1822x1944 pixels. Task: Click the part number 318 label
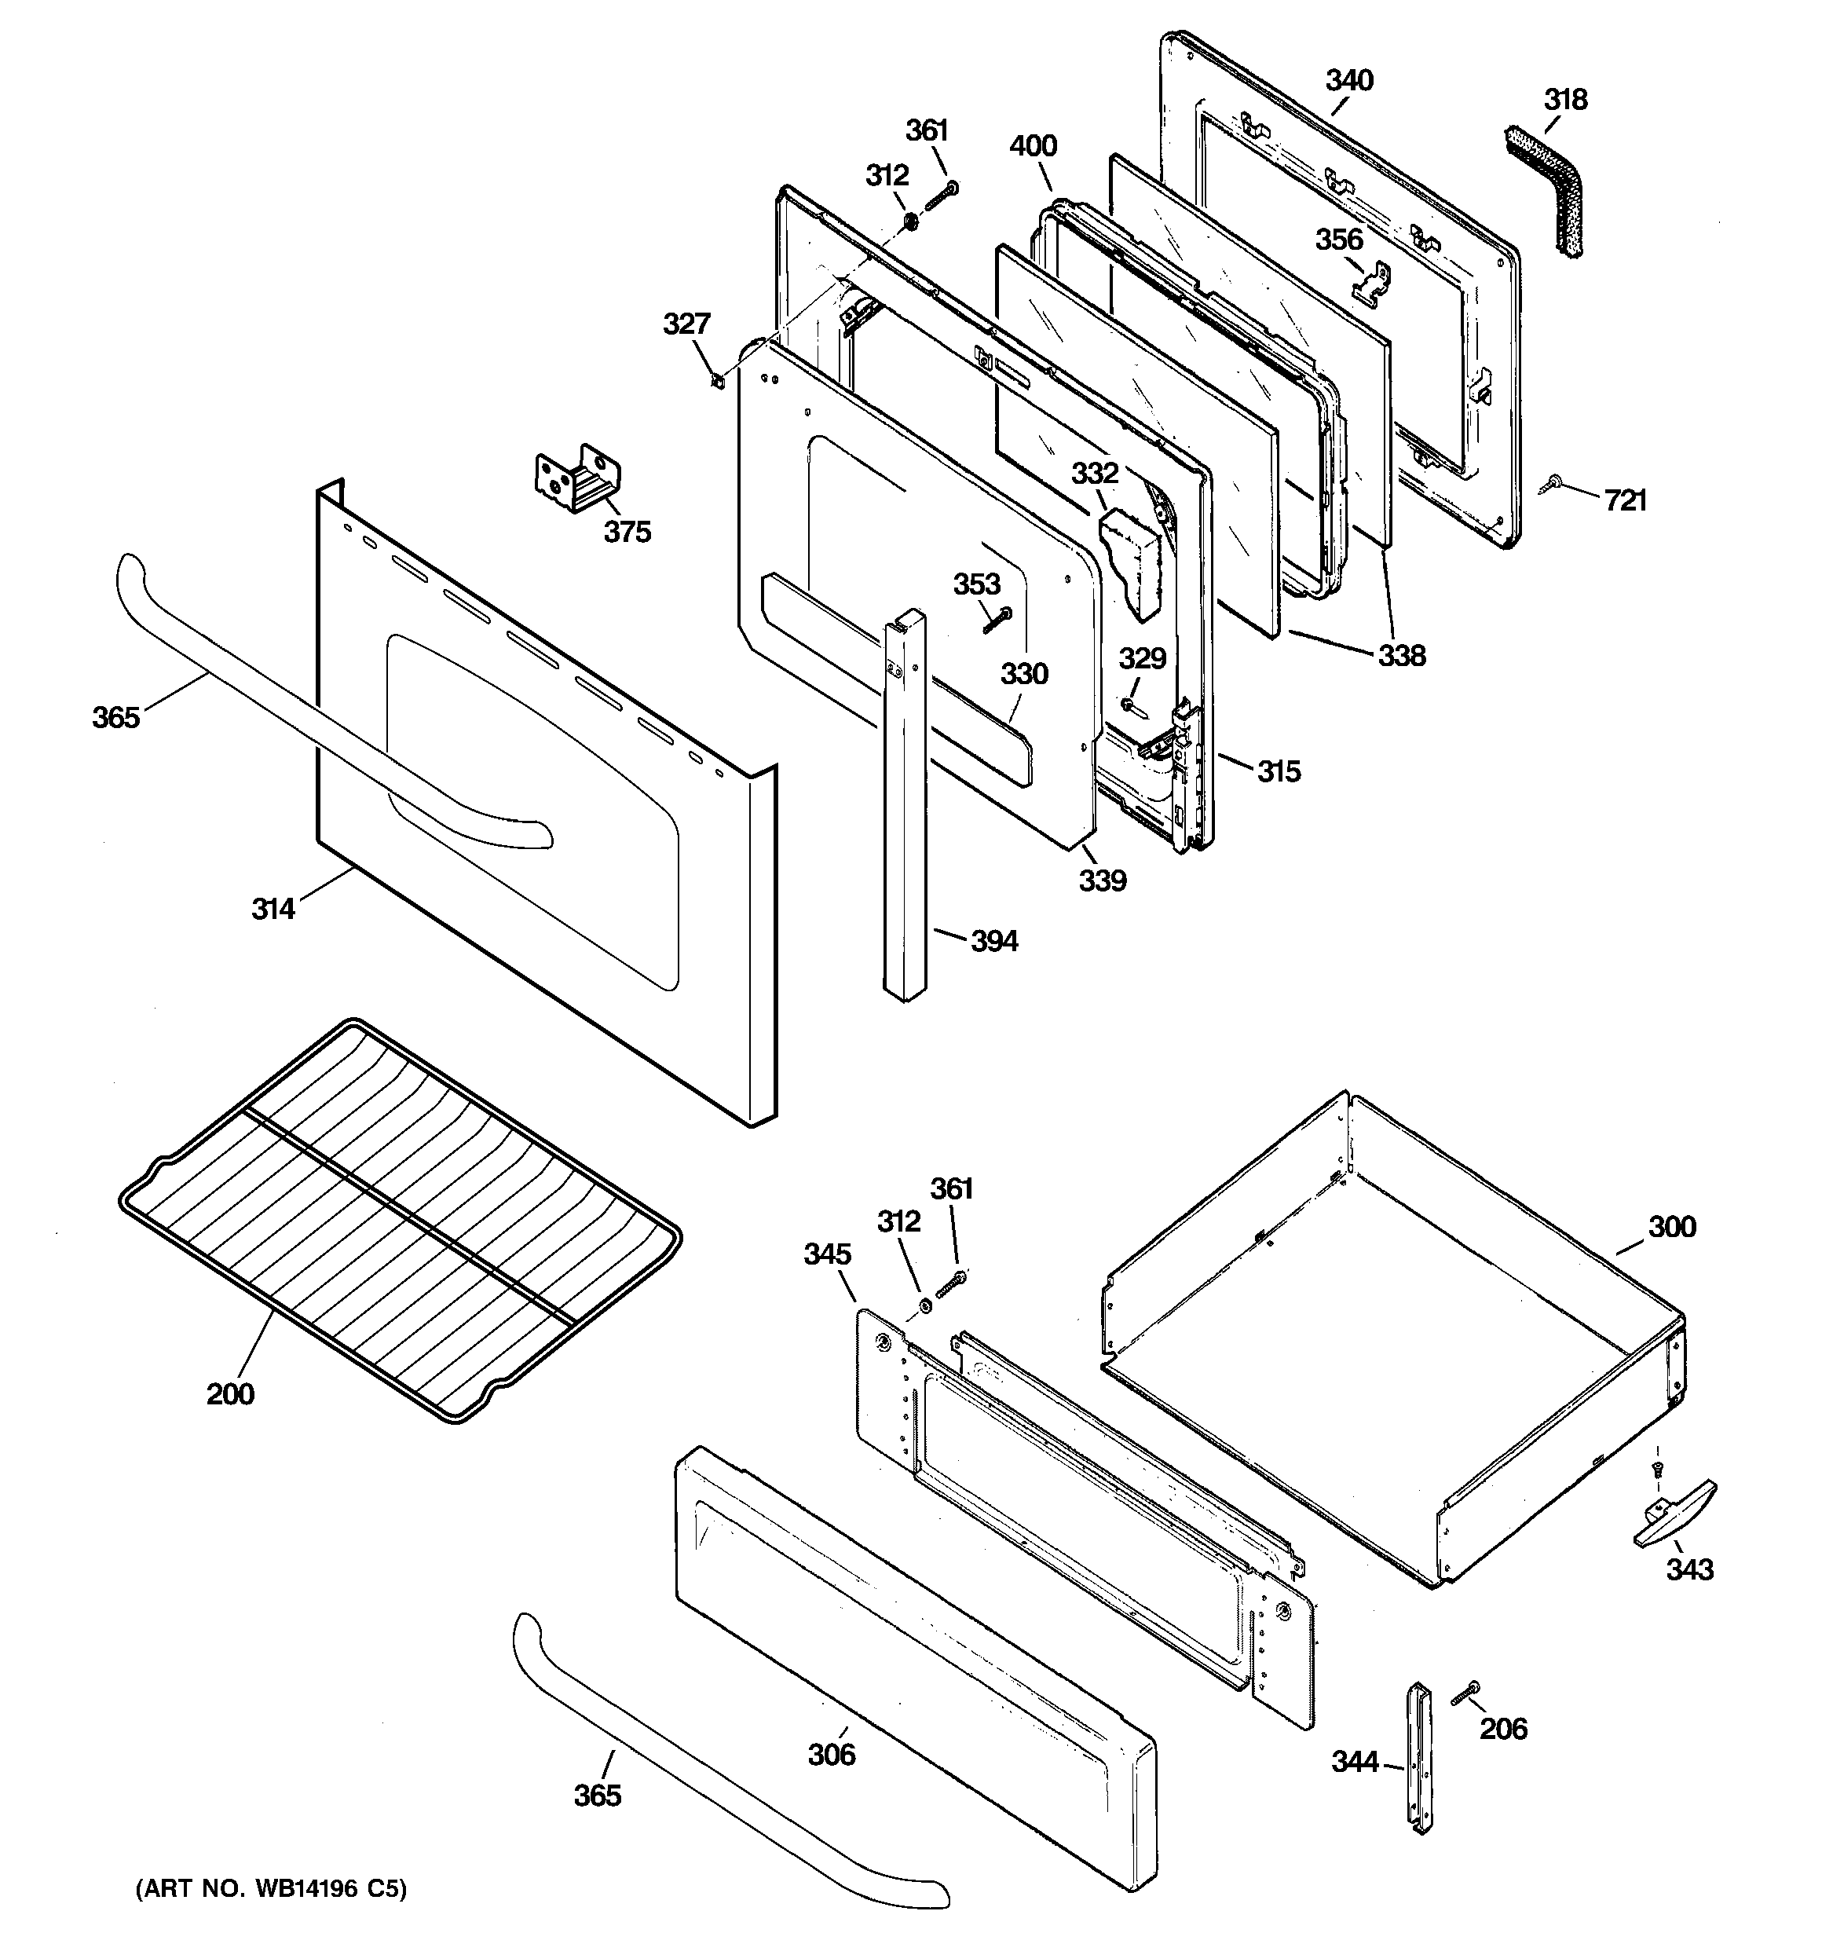point(1566,100)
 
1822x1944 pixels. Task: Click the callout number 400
point(1033,147)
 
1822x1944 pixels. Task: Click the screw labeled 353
point(997,618)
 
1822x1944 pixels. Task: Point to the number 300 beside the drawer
point(1671,1226)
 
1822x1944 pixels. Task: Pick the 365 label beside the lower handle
point(597,1796)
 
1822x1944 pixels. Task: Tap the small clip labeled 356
point(1372,280)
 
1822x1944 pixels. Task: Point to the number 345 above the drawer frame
point(828,1254)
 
